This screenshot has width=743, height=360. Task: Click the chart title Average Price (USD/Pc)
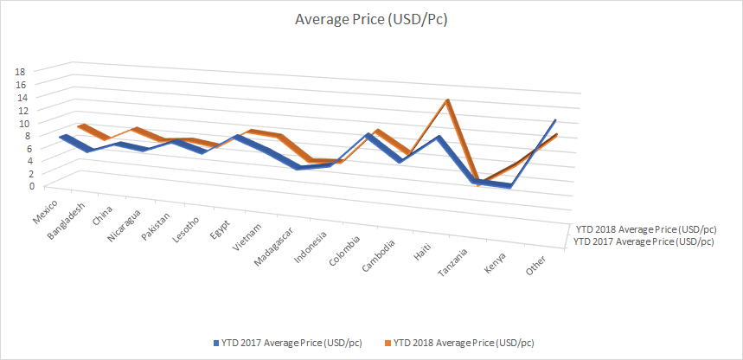(x=371, y=19)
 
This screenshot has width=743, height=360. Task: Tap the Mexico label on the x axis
(x=45, y=209)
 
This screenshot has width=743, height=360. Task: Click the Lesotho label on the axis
(x=188, y=228)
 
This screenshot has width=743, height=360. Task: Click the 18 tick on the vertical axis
(x=21, y=72)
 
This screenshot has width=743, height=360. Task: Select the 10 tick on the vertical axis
(x=23, y=123)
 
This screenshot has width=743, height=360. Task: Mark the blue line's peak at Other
(x=555, y=119)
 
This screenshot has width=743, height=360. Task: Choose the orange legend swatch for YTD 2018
(x=387, y=342)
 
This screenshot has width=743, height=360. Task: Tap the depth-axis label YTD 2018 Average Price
(x=644, y=229)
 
